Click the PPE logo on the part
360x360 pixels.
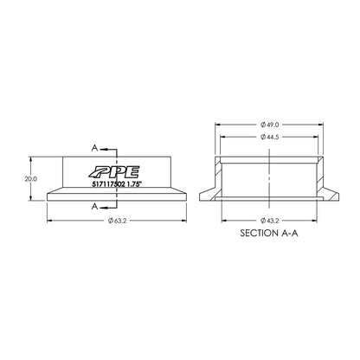pyautogui.click(x=112, y=170)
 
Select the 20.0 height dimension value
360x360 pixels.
pyautogui.click(x=30, y=178)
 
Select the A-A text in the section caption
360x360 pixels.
pyautogui.click(x=291, y=234)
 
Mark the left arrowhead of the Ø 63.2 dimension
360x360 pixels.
pyautogui.click(x=48, y=221)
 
